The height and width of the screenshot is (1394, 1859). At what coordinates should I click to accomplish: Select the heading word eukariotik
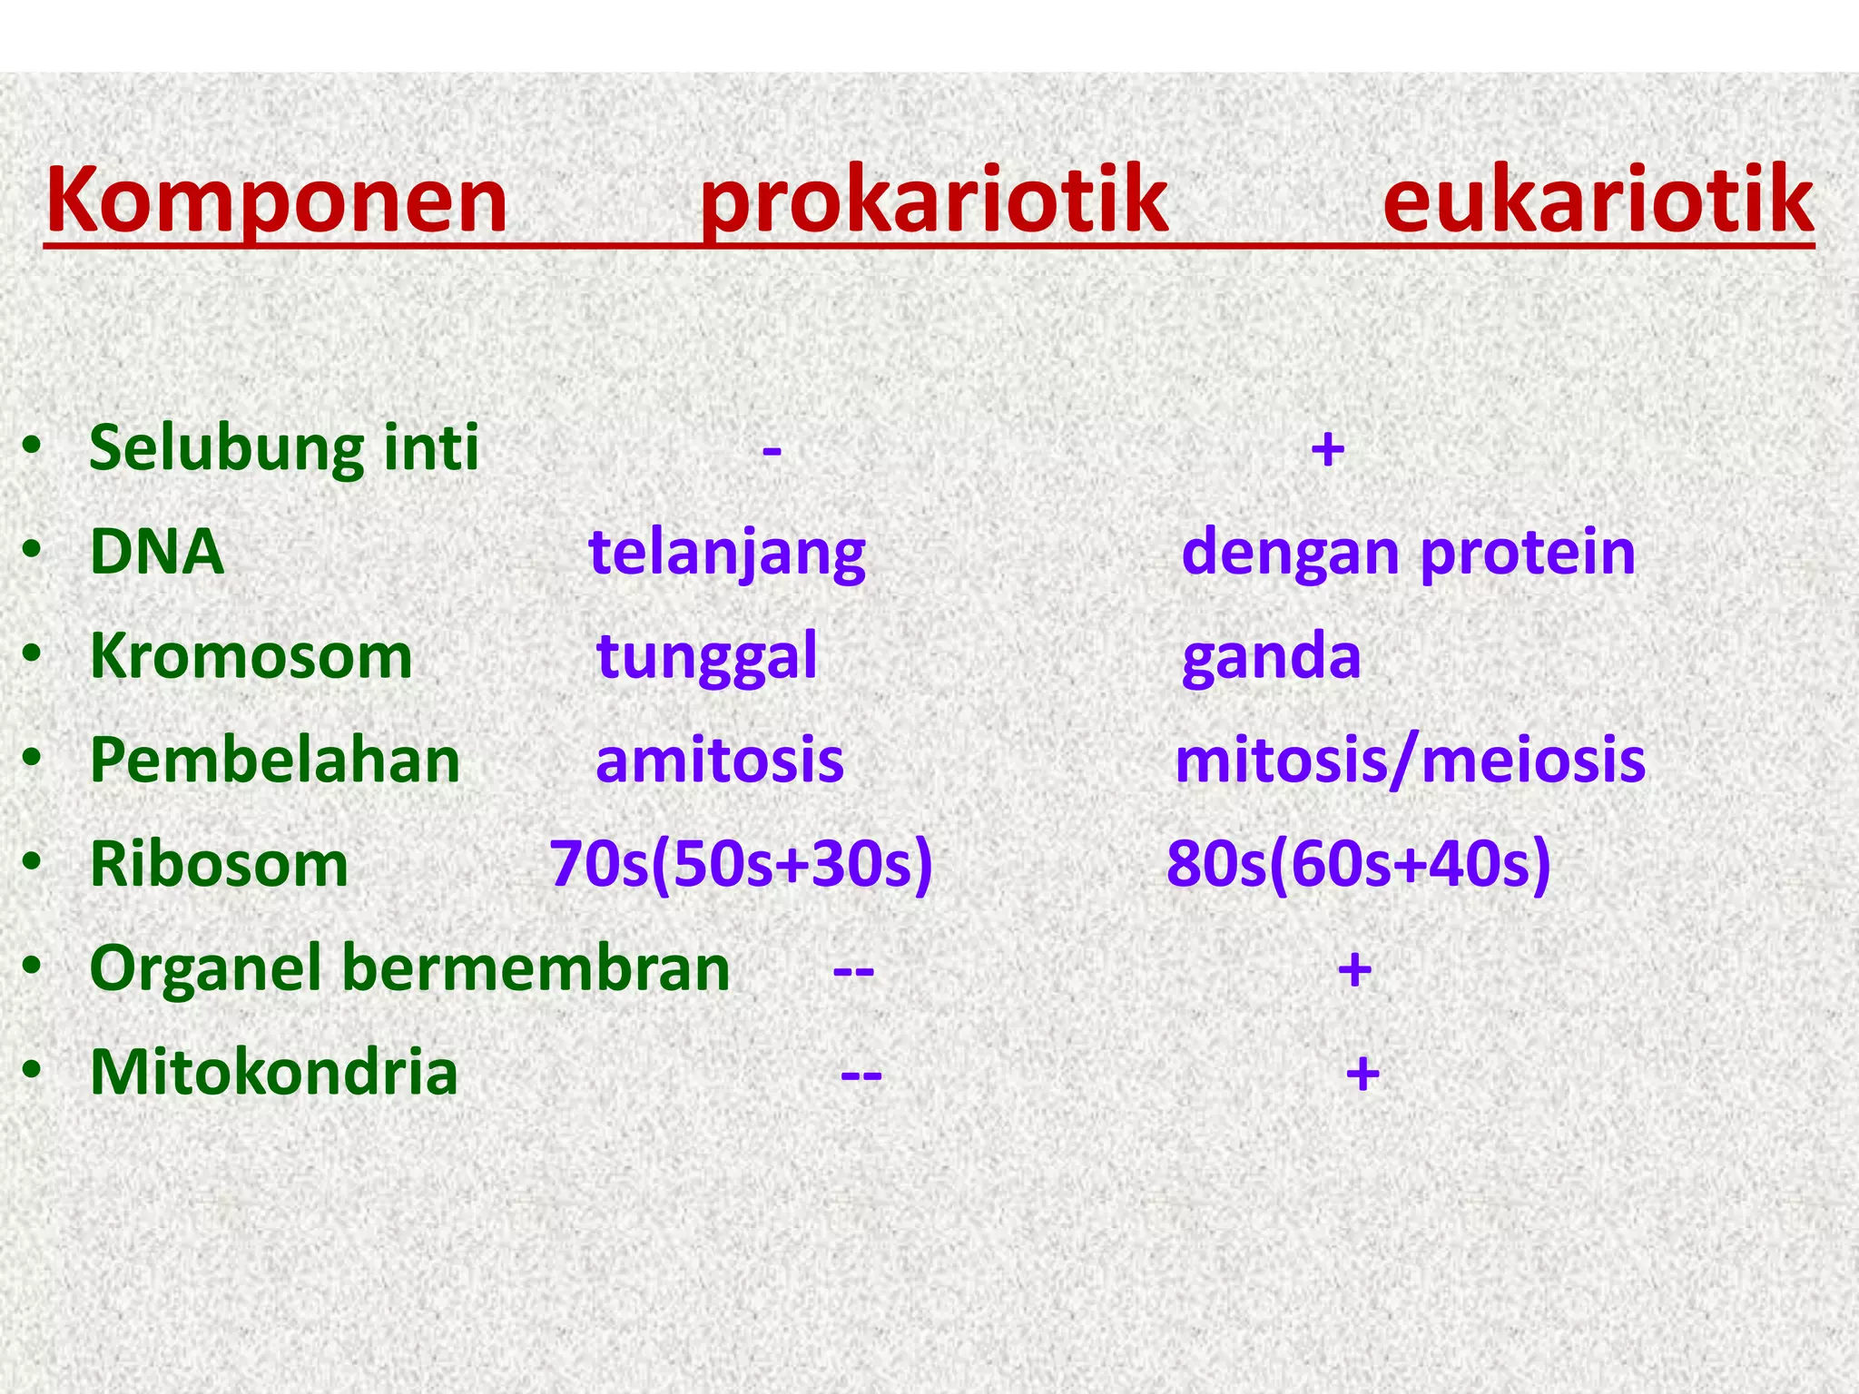click(x=1598, y=201)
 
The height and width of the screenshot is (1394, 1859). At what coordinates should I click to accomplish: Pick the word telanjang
click(x=727, y=554)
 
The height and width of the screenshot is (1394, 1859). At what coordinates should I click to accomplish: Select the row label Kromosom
click(x=251, y=656)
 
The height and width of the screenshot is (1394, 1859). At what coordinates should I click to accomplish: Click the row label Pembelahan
click(x=275, y=761)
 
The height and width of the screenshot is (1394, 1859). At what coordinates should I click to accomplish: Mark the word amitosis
click(x=720, y=761)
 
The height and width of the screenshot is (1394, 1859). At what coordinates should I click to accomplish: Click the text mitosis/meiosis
click(x=1410, y=761)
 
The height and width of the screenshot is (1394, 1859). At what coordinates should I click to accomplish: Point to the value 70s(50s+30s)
click(x=741, y=864)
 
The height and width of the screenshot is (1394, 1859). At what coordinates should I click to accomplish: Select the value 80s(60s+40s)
click(x=1358, y=864)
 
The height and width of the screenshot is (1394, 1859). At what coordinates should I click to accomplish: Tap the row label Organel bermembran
click(x=409, y=968)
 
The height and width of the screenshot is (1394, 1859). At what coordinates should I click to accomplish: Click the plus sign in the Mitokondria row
click(x=1362, y=1074)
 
